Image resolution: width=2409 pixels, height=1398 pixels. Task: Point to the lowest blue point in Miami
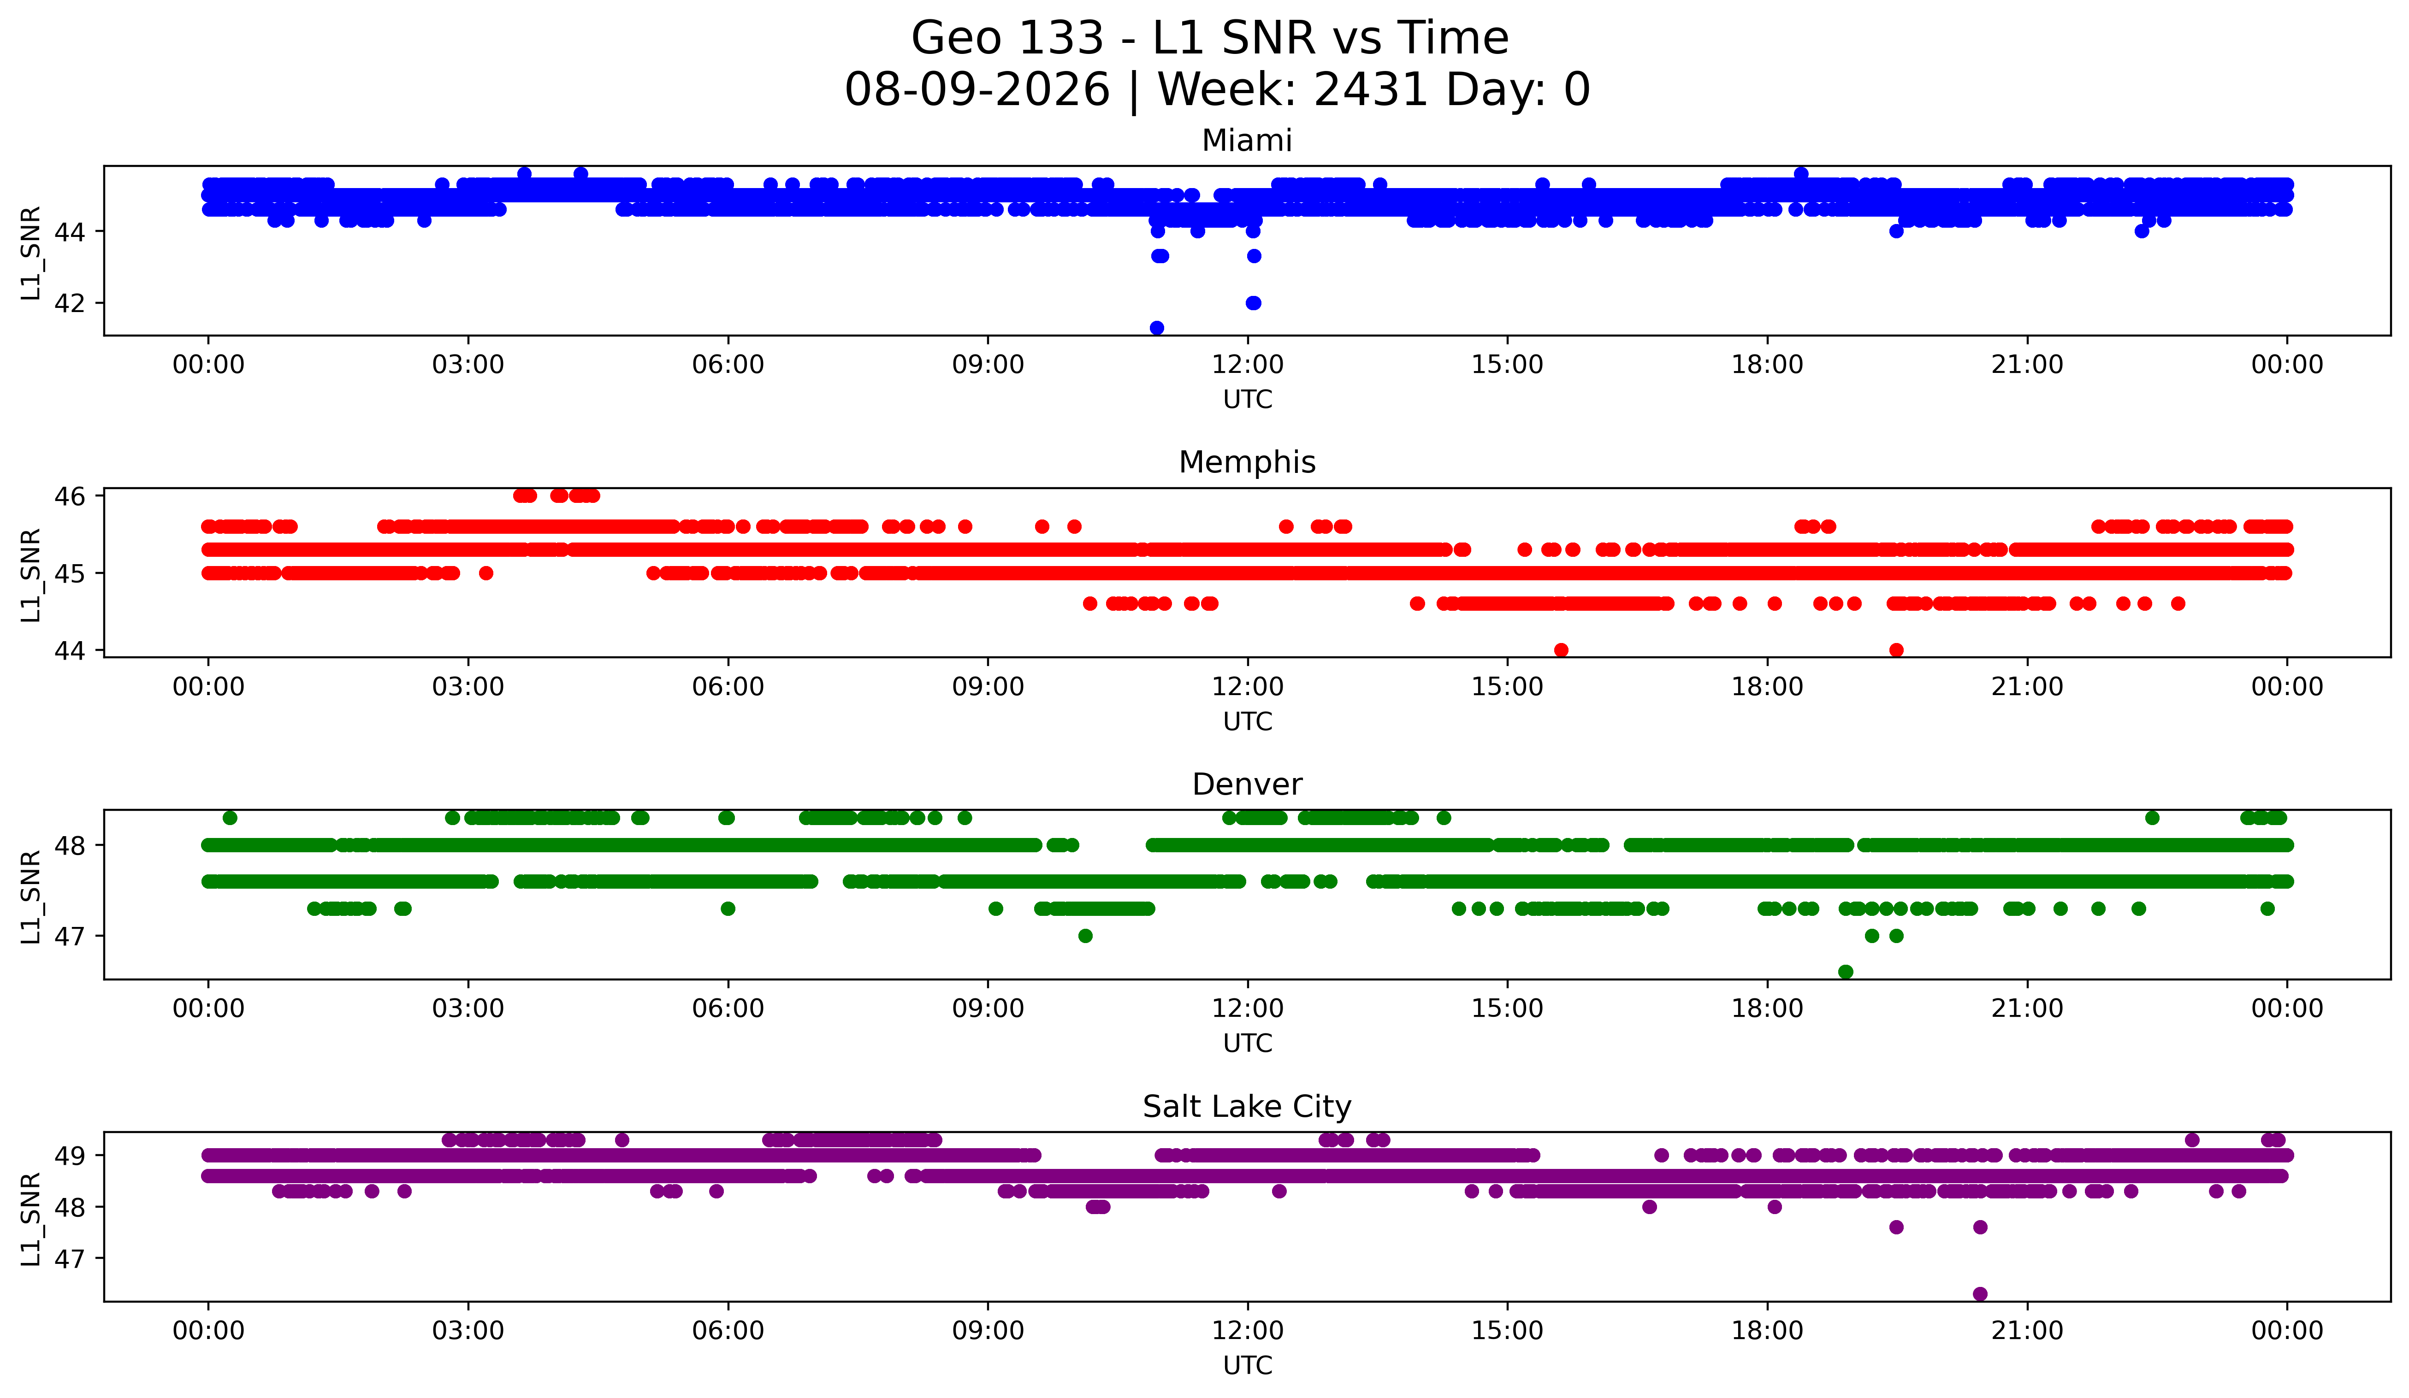coord(1157,328)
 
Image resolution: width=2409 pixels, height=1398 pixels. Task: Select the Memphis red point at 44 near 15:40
coord(1561,650)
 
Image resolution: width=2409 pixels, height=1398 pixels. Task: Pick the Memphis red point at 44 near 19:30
coord(1897,650)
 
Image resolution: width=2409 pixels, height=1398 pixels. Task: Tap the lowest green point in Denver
coord(1846,972)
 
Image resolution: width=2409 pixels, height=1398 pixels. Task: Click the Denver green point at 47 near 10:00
coord(1085,936)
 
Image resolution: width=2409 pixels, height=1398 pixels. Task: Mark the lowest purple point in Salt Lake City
coord(1980,1294)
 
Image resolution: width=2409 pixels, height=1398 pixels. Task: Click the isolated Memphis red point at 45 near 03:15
coord(485,573)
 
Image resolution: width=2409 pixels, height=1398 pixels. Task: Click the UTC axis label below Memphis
coord(1248,721)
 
